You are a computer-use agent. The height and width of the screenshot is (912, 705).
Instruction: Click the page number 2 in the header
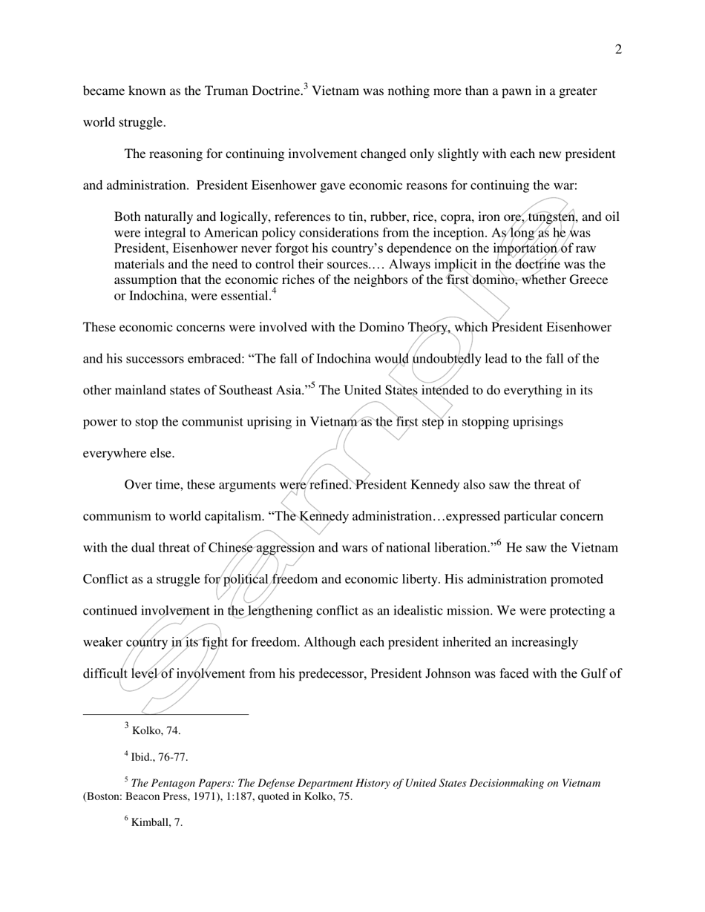pos(618,50)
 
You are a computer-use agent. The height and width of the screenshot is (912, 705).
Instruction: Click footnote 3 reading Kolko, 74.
pos(156,730)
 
